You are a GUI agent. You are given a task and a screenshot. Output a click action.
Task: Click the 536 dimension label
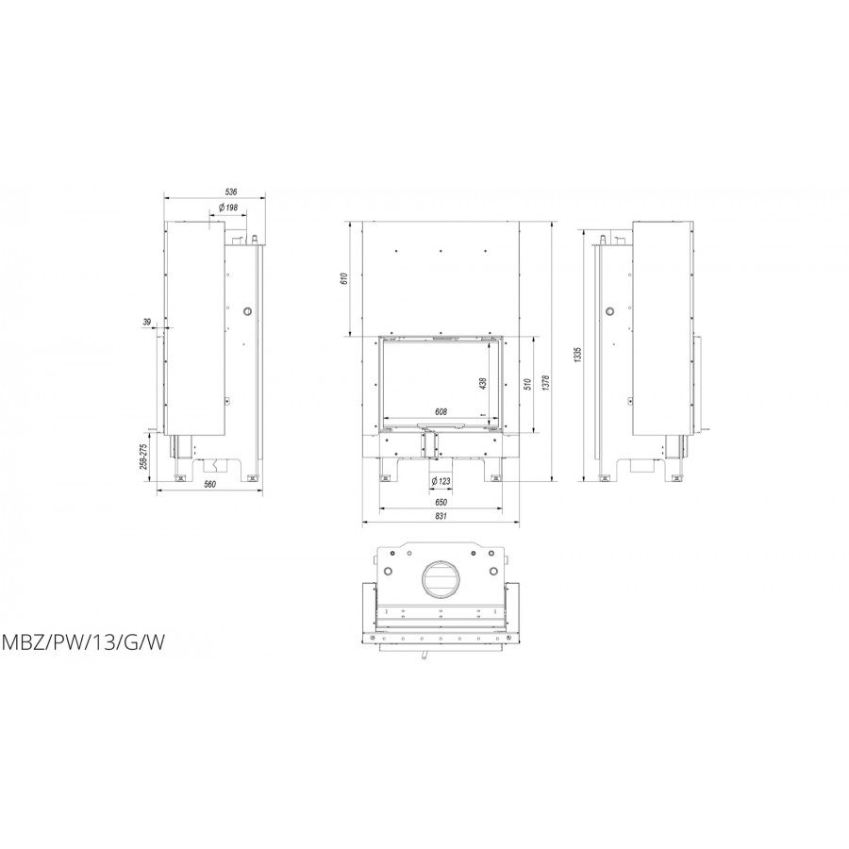[x=231, y=191]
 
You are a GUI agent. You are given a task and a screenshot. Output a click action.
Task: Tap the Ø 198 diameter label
[x=228, y=208]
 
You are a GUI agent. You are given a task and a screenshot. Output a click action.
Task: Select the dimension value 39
[x=147, y=323]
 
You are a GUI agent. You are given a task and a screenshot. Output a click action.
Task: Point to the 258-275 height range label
[x=143, y=456]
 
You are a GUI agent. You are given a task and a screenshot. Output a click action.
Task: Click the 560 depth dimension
[x=210, y=485]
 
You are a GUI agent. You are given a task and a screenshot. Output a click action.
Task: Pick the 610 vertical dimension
[x=342, y=279]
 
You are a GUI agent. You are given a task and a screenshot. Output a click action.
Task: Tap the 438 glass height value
[x=484, y=383]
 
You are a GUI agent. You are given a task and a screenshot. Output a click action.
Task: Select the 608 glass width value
[x=441, y=411]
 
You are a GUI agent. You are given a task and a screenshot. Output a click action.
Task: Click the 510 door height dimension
[x=528, y=383]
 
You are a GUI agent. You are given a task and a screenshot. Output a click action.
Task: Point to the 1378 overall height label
[x=546, y=383]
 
